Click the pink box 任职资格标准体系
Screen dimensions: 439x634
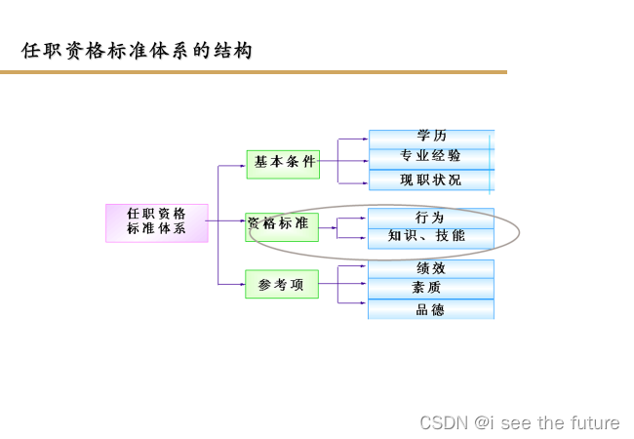pyautogui.click(x=156, y=222)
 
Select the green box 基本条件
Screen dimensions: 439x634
pyautogui.click(x=283, y=163)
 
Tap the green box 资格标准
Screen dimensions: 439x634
pyautogui.click(x=282, y=224)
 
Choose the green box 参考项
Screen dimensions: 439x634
pyautogui.click(x=282, y=284)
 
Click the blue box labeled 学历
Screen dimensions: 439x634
pyautogui.click(x=431, y=137)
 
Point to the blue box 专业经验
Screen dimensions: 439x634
pyautogui.click(x=431, y=156)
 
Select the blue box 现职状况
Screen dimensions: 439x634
pyautogui.click(x=431, y=180)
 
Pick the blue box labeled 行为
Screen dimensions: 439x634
pyautogui.click(x=431, y=217)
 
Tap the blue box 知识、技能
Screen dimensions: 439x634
pyautogui.click(x=431, y=236)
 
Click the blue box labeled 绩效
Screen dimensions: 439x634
pyautogui.click(x=431, y=268)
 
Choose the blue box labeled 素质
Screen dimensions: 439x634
pyautogui.click(x=431, y=288)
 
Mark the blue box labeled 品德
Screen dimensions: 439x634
pyautogui.click(x=431, y=309)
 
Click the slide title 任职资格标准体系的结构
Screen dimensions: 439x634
pyautogui.click(x=137, y=51)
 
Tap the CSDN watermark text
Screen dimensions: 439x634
pyautogui.click(x=520, y=422)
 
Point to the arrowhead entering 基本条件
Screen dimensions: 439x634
pyautogui.click(x=243, y=166)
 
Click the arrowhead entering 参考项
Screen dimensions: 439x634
pyautogui.click(x=243, y=284)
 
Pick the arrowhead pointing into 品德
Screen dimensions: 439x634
pyautogui.click(x=365, y=303)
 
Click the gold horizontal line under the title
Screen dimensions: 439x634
pyautogui.click(x=254, y=72)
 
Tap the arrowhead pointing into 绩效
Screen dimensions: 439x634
pyautogui.click(x=365, y=266)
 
